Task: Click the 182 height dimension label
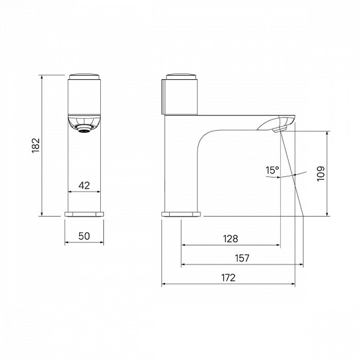36,145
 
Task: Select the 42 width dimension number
84,185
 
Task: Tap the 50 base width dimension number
84,236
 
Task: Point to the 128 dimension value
230,239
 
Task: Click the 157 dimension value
242,258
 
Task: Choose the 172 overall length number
229,278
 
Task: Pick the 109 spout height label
321,173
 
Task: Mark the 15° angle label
272,170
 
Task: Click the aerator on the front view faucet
84,129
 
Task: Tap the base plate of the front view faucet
84,214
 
